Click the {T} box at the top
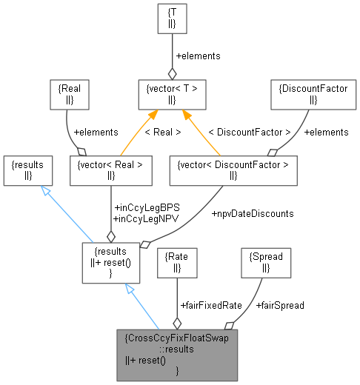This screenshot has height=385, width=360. pos(172,19)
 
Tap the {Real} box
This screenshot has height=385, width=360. pos(69,93)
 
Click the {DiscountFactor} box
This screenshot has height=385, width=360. pos(303,94)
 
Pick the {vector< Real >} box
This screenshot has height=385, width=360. pos(110,170)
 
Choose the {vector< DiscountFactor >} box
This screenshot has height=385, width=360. pos(233,170)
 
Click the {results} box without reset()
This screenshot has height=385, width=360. pos(27,170)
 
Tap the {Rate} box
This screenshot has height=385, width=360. pos(176,262)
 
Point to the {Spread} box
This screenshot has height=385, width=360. pos(266,262)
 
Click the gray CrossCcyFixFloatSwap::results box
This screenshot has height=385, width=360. pos(177,355)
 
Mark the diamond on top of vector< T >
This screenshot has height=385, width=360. pos(173,73)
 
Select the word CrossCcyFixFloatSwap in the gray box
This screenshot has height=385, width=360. pos(177,338)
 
